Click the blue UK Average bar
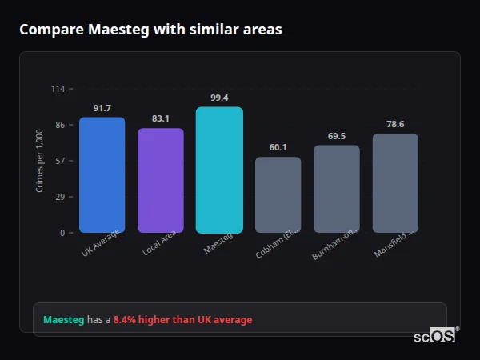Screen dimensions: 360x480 [x=102, y=175]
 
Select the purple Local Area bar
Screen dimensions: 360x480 [x=160, y=181]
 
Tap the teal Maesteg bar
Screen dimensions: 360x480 [x=219, y=170]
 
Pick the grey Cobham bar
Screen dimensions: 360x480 [x=278, y=195]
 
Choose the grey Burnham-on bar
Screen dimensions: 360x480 [x=336, y=189]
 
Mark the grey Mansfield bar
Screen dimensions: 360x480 [x=395, y=183]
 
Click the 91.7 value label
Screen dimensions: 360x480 [x=102, y=108]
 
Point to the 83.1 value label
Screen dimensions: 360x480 [x=160, y=119]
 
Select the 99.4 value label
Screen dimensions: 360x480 [x=219, y=98]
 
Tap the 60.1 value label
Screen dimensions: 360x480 [x=278, y=147]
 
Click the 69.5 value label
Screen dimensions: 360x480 [x=336, y=136]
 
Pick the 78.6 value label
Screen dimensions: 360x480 [x=395, y=124]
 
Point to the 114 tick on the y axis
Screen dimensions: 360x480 [x=58, y=89]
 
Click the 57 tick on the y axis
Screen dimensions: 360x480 [x=60, y=161]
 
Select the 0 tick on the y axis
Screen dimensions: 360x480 [x=62, y=233]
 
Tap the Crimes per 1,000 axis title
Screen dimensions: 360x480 [x=40, y=161]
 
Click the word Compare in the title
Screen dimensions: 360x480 [x=51, y=30]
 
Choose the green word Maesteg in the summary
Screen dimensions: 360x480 [x=63, y=320]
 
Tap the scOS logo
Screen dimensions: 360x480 [x=435, y=337]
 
